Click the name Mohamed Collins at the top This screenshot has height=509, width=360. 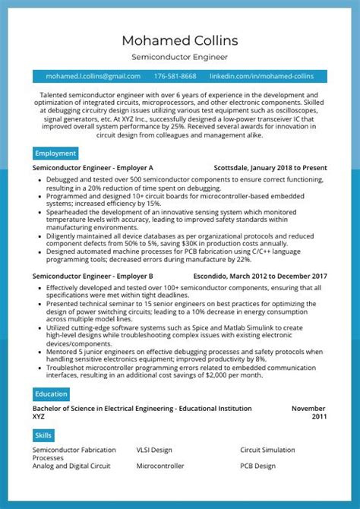[180, 40]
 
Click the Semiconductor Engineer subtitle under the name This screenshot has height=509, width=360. [180, 57]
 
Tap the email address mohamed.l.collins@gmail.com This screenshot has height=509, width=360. [93, 77]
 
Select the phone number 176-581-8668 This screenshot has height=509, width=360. [175, 77]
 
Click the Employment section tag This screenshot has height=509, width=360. [55, 153]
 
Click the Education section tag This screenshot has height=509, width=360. [51, 394]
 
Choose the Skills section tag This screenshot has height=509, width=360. [43, 435]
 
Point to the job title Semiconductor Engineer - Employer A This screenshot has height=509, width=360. [93, 168]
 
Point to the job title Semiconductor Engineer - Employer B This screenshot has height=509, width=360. [93, 277]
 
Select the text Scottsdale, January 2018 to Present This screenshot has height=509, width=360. [270, 168]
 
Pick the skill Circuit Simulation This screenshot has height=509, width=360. [267, 450]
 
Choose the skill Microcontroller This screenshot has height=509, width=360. [160, 466]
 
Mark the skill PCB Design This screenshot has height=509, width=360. [258, 466]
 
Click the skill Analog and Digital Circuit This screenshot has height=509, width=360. [71, 466]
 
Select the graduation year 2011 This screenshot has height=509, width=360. [319, 416]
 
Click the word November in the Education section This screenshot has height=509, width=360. [309, 408]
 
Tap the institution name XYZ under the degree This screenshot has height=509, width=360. [39, 416]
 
